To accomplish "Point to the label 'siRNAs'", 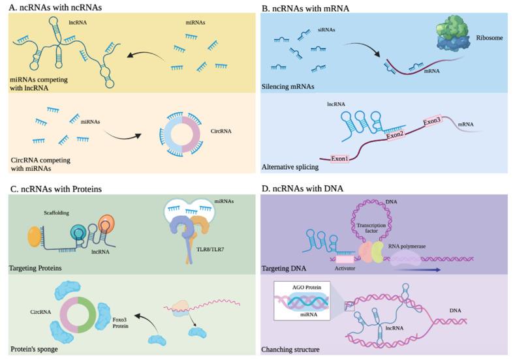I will click(345, 29).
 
